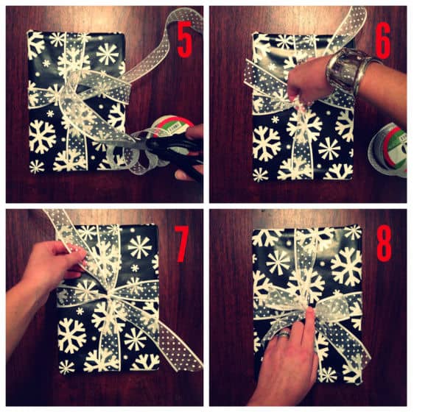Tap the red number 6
(383, 40)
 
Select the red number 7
(183, 244)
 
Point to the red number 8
(384, 243)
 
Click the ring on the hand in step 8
(284, 334)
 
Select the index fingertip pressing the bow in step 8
(310, 311)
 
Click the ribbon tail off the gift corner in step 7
(180, 347)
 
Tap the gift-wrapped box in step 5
(77, 102)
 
